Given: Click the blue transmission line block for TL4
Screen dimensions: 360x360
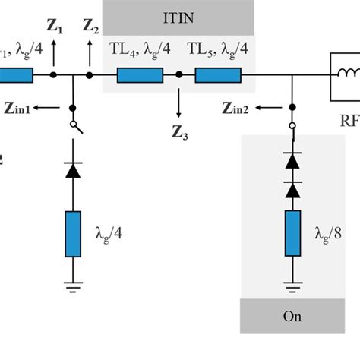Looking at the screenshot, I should tap(140, 75).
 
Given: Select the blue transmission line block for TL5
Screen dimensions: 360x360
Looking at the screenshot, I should tap(218, 75).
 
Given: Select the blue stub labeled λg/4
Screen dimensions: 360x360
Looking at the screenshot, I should tap(73, 233).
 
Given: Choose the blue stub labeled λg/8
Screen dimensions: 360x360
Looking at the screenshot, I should tap(291, 235).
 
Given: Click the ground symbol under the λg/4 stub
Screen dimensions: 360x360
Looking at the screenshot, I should tap(73, 287).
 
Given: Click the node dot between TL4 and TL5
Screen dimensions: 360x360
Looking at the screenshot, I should tap(179, 75).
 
